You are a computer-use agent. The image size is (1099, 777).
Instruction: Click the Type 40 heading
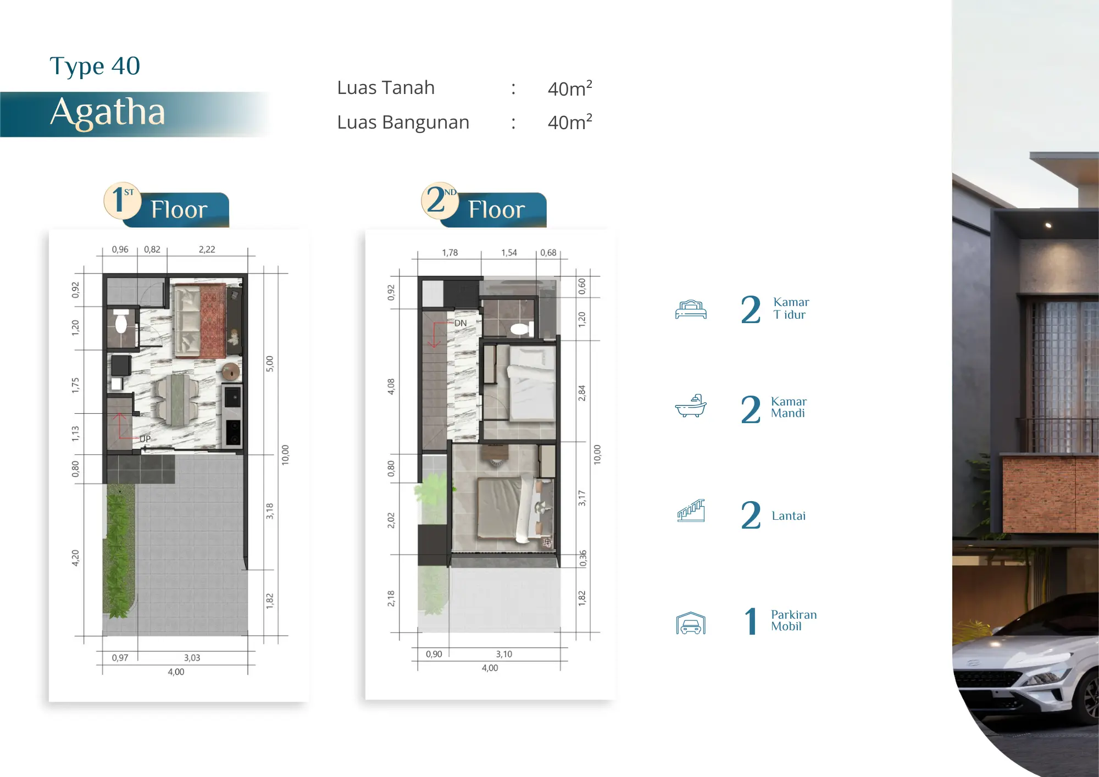click(95, 66)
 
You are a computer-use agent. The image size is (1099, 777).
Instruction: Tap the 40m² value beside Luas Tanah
click(570, 88)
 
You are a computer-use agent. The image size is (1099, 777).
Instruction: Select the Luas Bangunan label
click(403, 122)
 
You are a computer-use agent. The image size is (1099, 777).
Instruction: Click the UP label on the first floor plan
click(145, 439)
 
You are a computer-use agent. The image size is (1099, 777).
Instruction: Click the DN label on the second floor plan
click(460, 323)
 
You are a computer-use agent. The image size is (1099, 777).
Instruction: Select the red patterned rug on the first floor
click(213, 320)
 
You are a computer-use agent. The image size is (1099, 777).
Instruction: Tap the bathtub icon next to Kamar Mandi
click(691, 406)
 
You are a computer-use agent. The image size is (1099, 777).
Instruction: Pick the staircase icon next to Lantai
click(691, 510)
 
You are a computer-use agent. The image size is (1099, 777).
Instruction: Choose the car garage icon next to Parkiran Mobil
click(691, 623)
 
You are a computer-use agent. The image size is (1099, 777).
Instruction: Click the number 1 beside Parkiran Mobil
click(751, 621)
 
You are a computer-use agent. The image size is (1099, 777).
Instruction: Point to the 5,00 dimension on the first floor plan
click(269, 364)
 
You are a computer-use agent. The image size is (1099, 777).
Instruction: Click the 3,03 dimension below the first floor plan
click(192, 658)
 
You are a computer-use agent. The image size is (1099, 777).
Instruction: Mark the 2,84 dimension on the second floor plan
click(581, 393)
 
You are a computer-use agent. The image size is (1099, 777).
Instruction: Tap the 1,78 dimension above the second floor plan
click(449, 253)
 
